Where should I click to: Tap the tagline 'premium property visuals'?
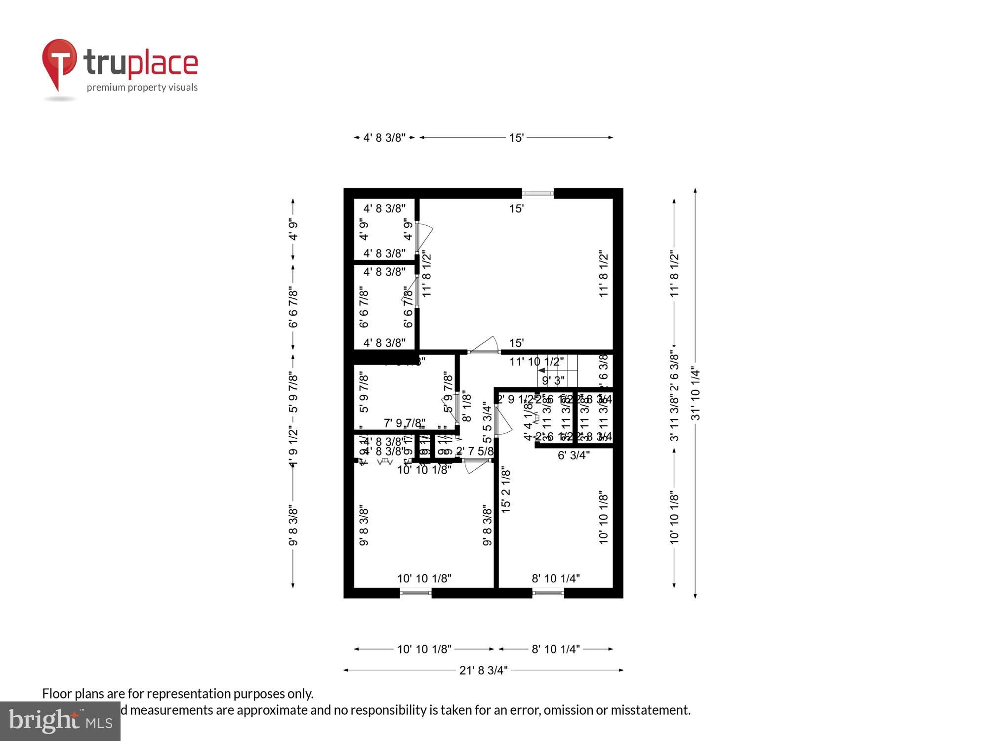142,87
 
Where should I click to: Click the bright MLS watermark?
60,721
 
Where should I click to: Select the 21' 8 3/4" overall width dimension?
483,670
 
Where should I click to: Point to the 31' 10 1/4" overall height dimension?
696,393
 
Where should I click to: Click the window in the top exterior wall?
537,193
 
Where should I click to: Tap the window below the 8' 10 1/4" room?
548,593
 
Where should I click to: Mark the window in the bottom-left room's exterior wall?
415,593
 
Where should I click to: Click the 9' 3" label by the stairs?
553,380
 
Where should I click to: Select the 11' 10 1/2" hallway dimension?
536,362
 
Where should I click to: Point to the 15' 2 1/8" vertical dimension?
506,490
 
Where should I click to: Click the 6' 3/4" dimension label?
573,455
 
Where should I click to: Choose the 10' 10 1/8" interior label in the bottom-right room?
603,517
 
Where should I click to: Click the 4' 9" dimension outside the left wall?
293,230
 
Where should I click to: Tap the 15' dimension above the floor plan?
516,138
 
